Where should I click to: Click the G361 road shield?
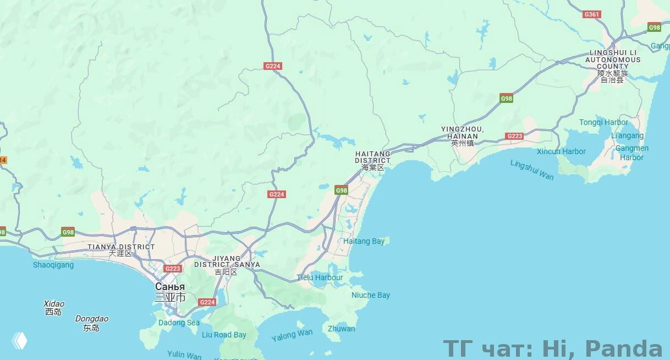click(x=592, y=14)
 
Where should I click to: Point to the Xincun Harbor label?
click(x=561, y=151)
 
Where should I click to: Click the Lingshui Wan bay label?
click(x=532, y=170)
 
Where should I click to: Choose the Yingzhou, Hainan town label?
click(x=462, y=135)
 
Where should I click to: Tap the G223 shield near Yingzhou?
click(x=514, y=136)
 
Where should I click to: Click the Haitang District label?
click(x=372, y=160)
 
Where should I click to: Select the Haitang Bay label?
click(x=364, y=241)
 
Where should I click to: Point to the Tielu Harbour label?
click(x=320, y=277)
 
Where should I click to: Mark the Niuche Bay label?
click(x=371, y=295)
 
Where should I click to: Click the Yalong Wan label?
click(x=292, y=335)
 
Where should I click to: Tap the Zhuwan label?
click(x=341, y=329)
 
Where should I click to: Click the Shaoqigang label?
click(x=53, y=265)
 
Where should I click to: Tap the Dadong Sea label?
click(x=179, y=323)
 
